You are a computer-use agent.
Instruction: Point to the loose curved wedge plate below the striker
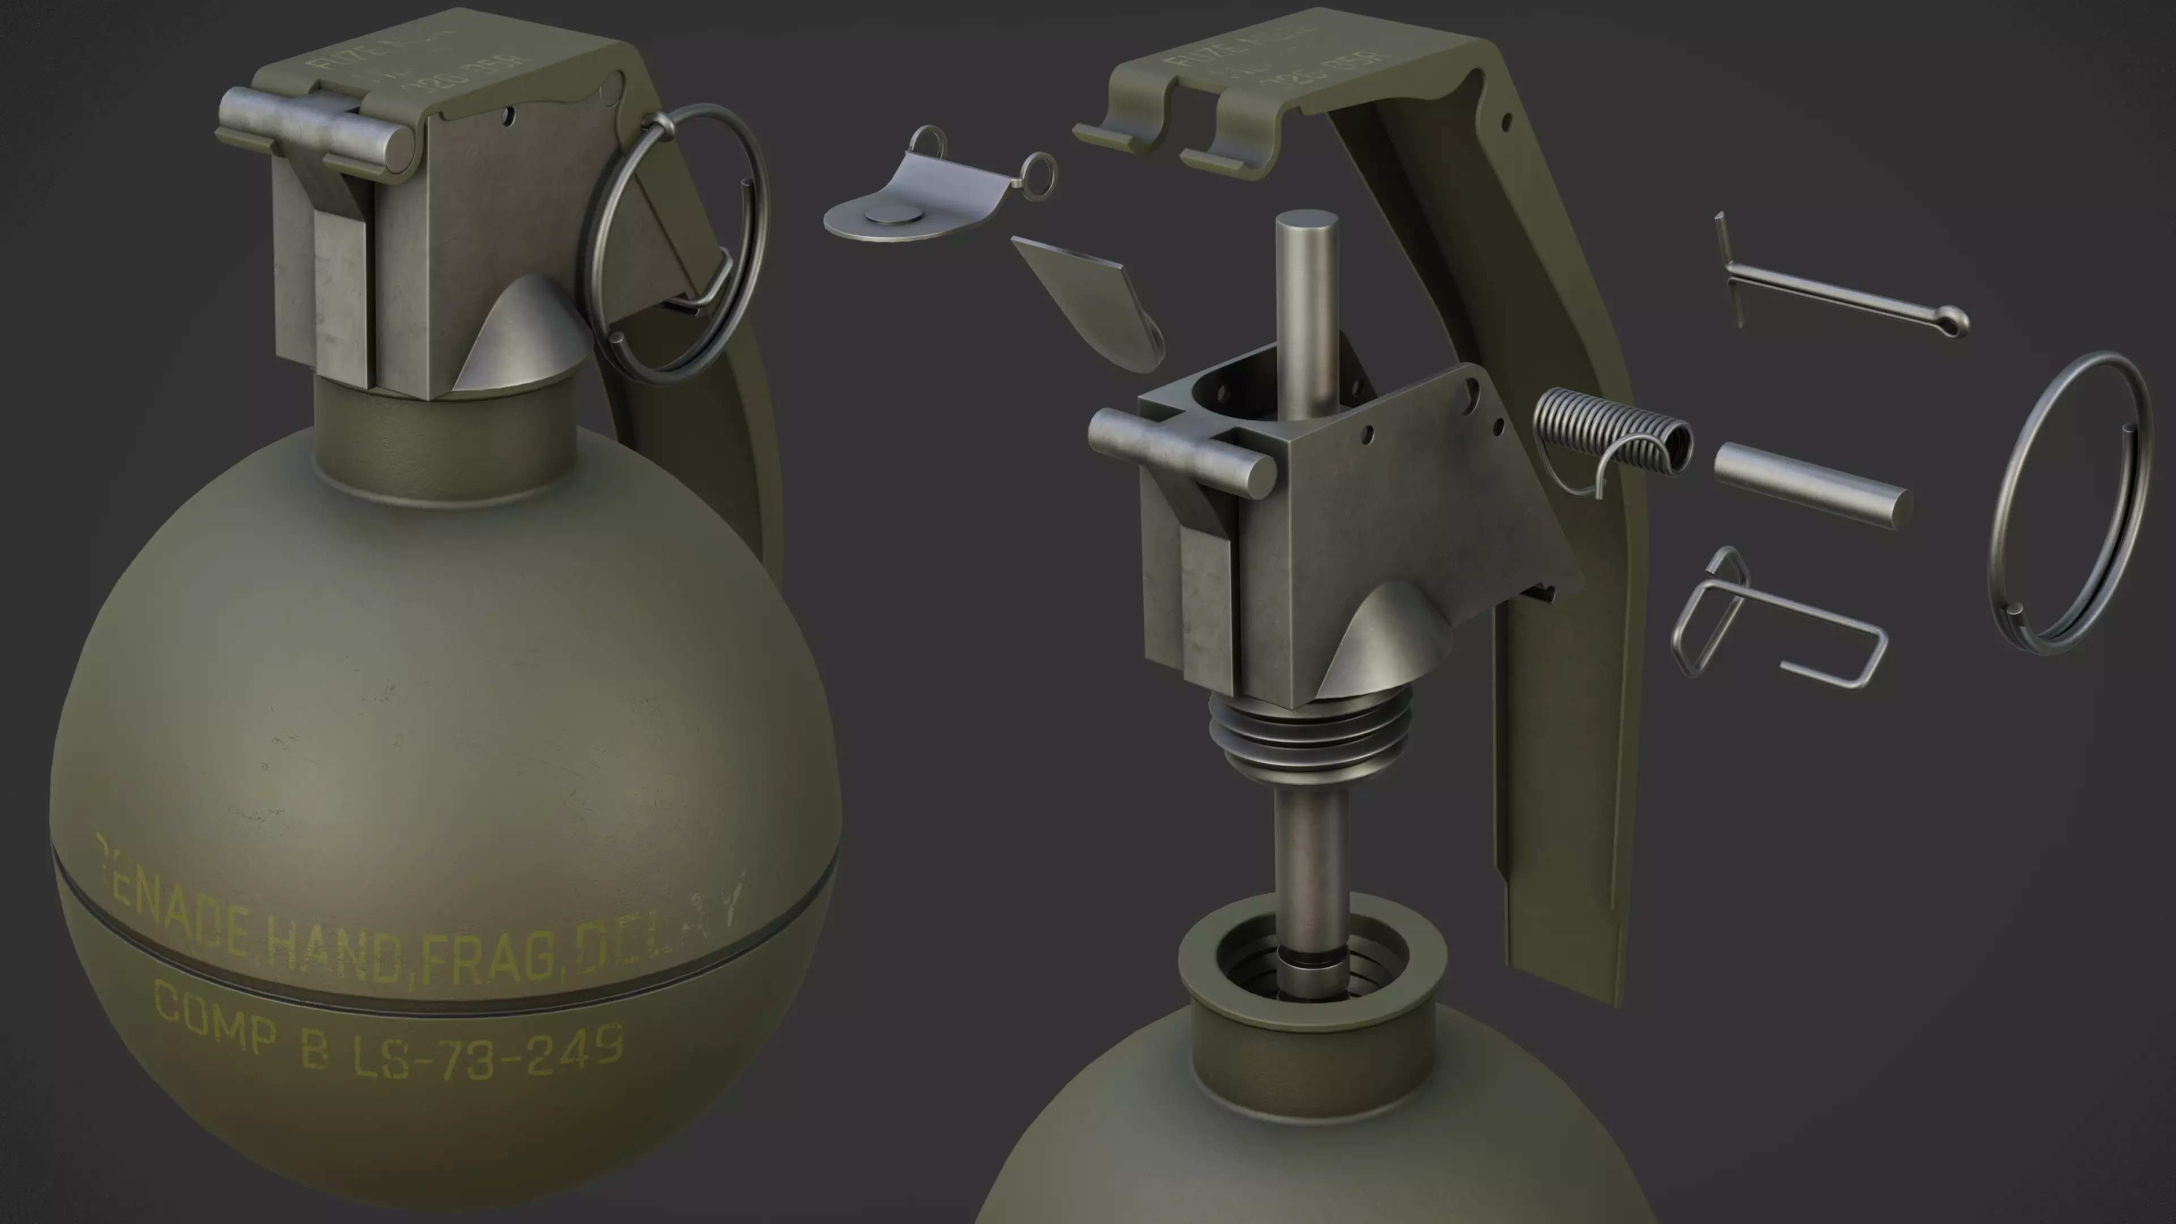(x=1086, y=300)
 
